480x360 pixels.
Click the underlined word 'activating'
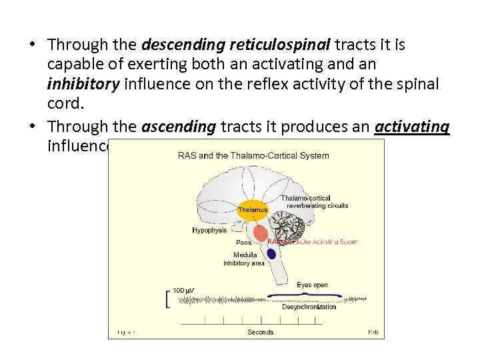click(412, 127)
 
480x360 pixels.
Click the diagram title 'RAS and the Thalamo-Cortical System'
click(253, 156)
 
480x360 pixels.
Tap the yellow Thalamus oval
click(253, 209)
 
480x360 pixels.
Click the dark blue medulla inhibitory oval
click(271, 254)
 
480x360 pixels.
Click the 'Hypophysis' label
click(209, 230)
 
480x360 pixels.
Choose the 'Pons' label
click(243, 243)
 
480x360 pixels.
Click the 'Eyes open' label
click(312, 285)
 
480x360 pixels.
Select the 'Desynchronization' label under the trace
click(309, 307)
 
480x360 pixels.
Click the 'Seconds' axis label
click(261, 332)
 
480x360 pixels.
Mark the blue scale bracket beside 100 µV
click(166, 300)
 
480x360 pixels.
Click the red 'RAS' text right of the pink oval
click(275, 242)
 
